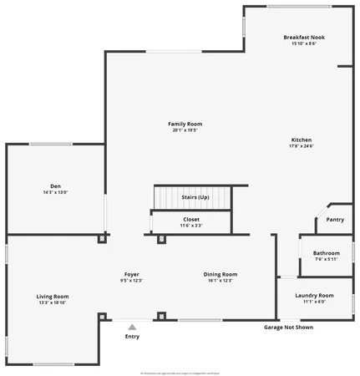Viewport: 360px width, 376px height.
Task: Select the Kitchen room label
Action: pyautogui.click(x=302, y=140)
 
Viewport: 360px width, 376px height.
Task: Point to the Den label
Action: pyautogui.click(x=55, y=186)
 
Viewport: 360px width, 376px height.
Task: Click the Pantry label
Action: pyautogui.click(x=335, y=220)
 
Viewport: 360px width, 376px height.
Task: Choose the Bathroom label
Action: pyautogui.click(x=327, y=253)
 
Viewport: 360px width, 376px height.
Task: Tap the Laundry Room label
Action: pyautogui.click(x=315, y=295)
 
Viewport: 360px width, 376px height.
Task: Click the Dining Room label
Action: pyautogui.click(x=221, y=274)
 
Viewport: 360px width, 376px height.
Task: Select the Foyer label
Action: pyautogui.click(x=132, y=274)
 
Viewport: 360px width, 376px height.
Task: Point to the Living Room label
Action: pyautogui.click(x=52, y=297)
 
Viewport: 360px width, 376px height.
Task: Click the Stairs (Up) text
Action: pyautogui.click(x=195, y=197)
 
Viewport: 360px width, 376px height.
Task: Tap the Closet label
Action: pyautogui.click(x=191, y=220)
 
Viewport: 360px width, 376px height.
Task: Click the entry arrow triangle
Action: pyautogui.click(x=132, y=327)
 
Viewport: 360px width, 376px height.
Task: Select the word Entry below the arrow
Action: pyautogui.click(x=132, y=337)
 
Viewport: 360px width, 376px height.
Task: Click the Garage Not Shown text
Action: pyautogui.click(x=289, y=328)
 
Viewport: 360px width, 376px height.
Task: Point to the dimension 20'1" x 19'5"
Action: pyautogui.click(x=187, y=130)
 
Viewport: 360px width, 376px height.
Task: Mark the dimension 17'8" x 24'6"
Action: pyautogui.click(x=302, y=146)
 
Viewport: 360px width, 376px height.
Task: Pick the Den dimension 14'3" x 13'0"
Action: pyautogui.click(x=55, y=192)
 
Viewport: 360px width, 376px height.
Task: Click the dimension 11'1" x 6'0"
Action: pyautogui.click(x=315, y=302)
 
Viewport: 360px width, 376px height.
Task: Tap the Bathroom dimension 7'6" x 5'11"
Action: pyautogui.click(x=327, y=259)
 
